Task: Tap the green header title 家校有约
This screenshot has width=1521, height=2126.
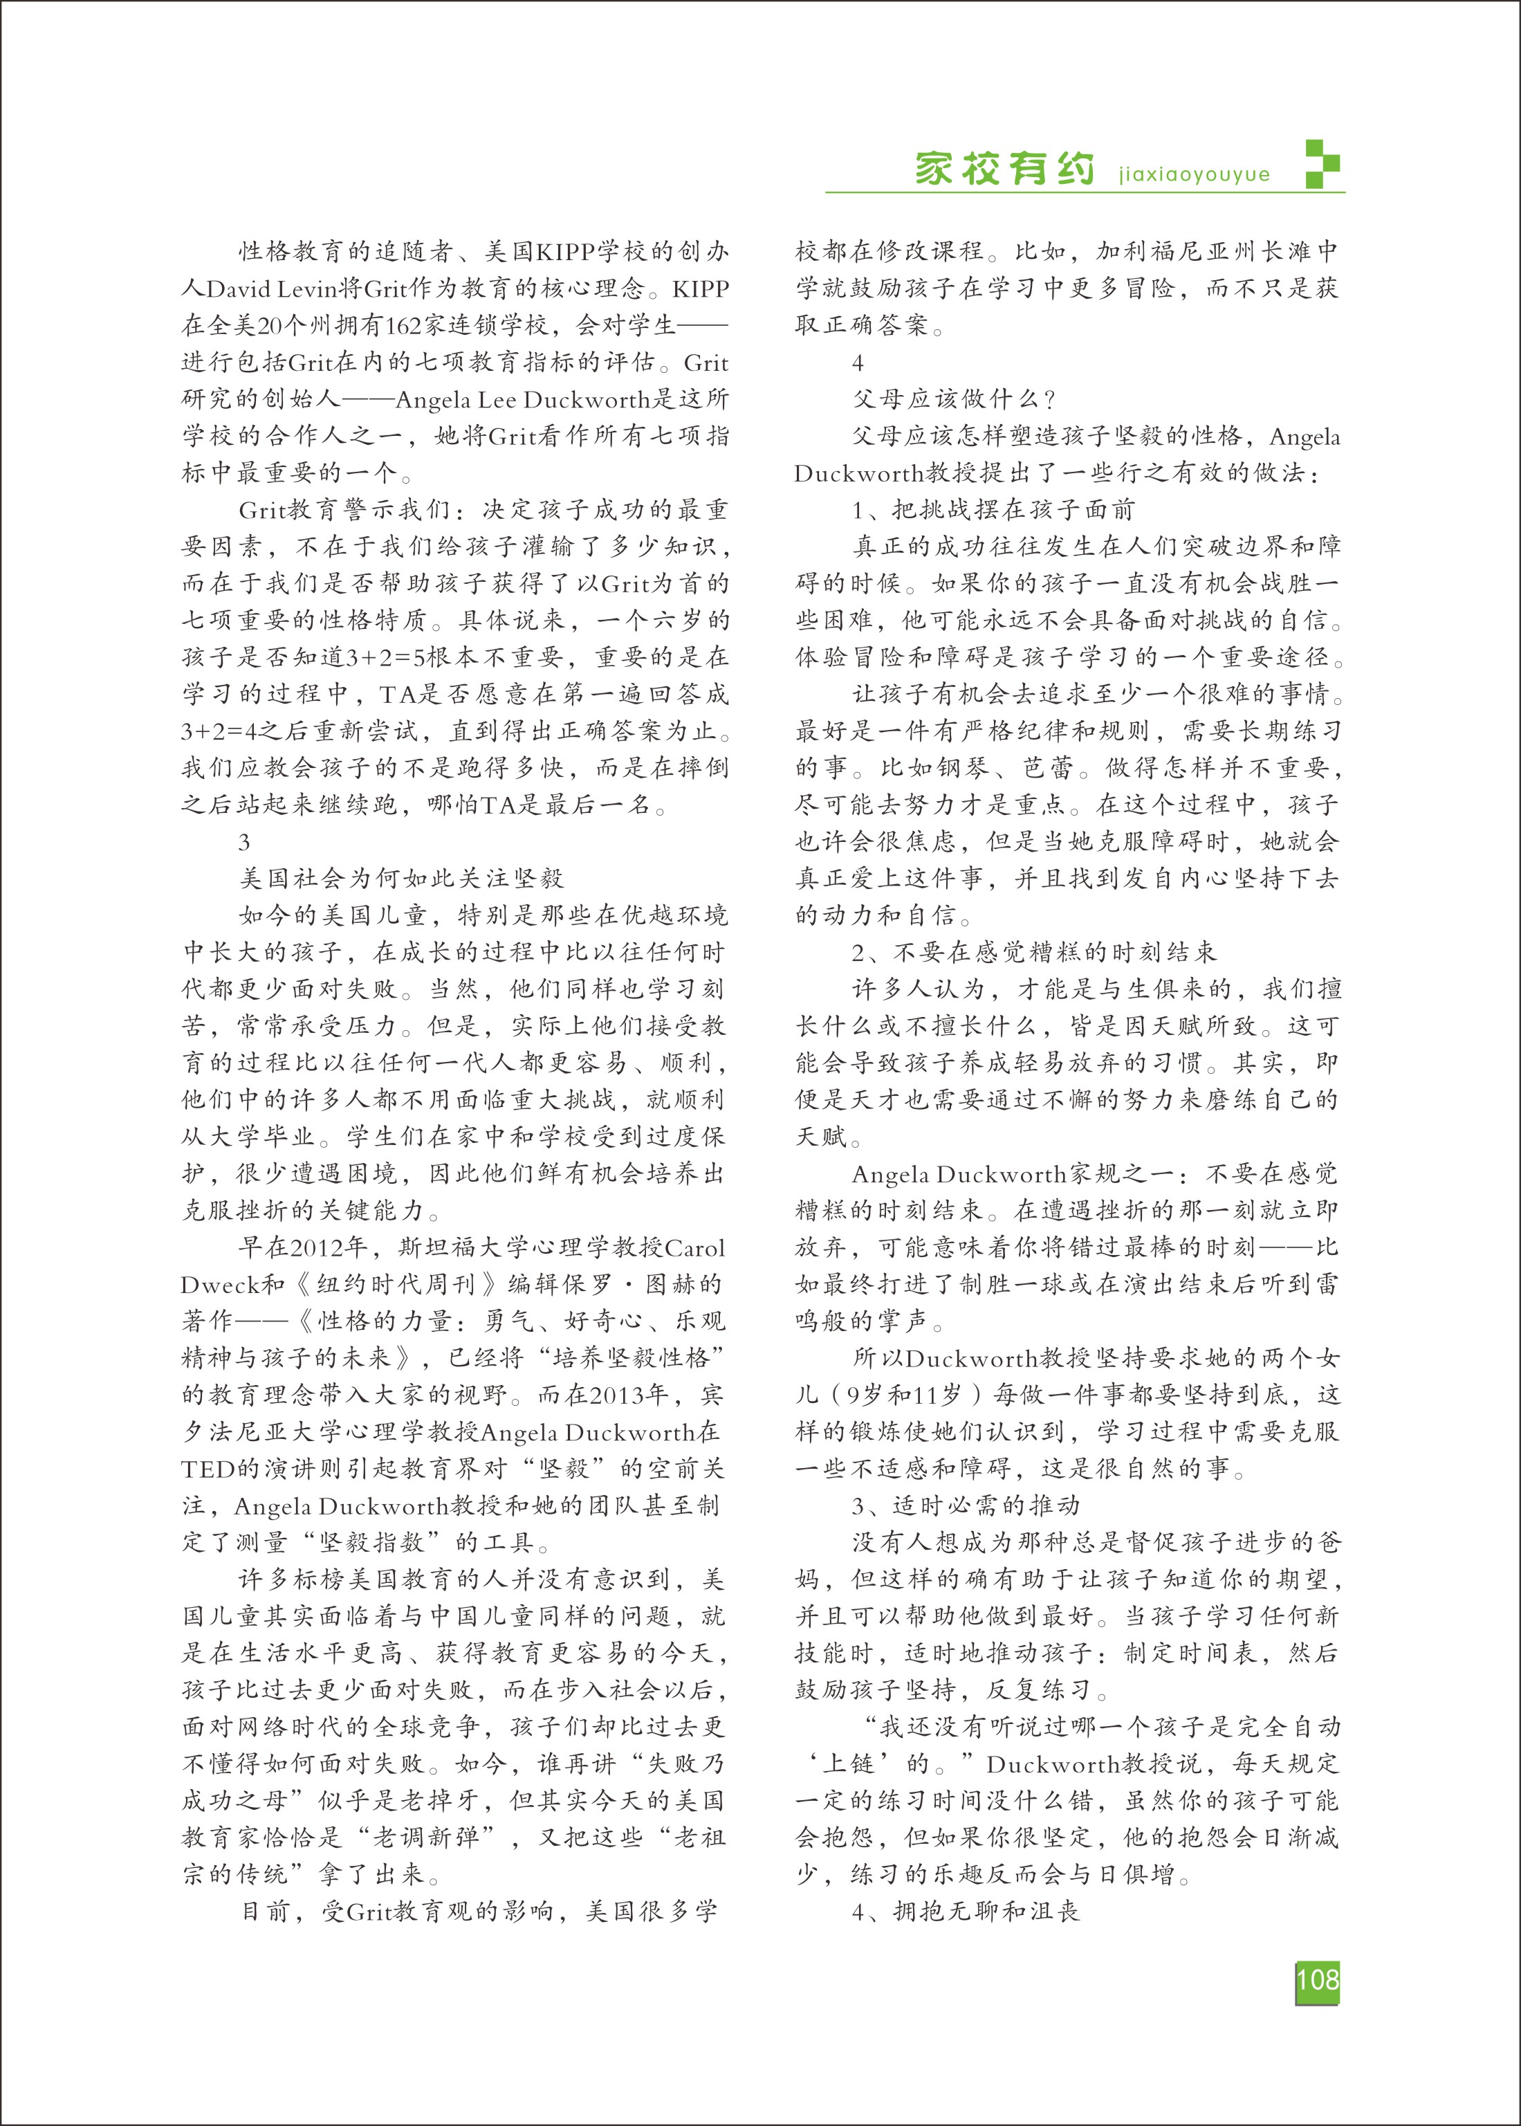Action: pyautogui.click(x=1005, y=169)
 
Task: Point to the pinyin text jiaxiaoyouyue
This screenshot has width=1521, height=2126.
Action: pyautogui.click(x=1194, y=175)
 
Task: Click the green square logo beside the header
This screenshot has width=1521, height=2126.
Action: pyautogui.click(x=1322, y=164)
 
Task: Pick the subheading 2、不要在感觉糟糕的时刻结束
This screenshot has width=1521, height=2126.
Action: pyautogui.click(x=1034, y=953)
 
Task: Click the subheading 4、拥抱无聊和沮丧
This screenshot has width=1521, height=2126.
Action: pyautogui.click(x=966, y=1911)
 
